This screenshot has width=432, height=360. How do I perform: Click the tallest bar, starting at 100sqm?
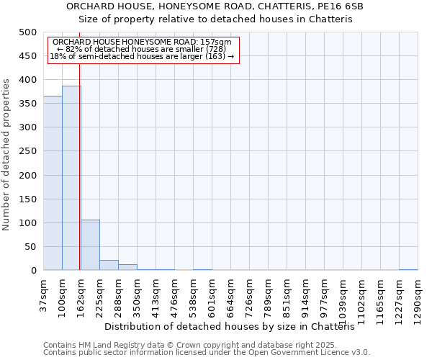coord(71,179)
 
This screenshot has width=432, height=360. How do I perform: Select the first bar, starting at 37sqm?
coord(53,184)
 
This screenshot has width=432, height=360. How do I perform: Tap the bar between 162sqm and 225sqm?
coord(90,246)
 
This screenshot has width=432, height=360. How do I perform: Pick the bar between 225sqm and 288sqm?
coord(109,265)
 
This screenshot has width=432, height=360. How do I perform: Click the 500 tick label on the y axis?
coord(27,32)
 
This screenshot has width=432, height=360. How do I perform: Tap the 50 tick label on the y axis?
coord(30,247)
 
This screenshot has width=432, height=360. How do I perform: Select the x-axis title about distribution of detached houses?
coord(235,327)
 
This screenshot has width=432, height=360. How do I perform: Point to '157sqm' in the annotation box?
coord(217,42)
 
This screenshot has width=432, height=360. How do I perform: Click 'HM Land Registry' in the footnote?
coord(100,345)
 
